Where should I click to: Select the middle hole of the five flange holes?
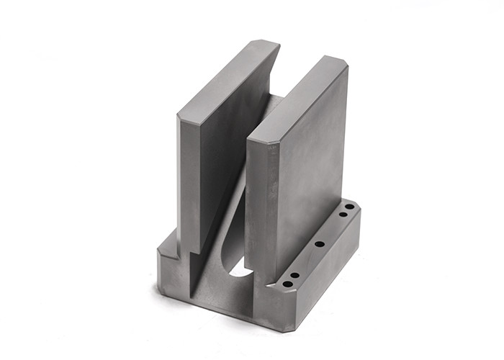click(319, 244)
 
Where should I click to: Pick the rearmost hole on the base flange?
click(349, 207)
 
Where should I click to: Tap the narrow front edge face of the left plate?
click(188, 187)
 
